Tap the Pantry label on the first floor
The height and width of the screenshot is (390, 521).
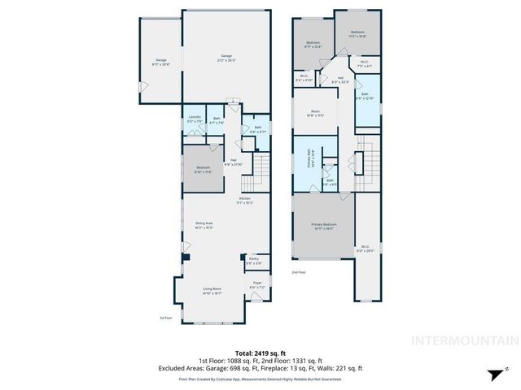pos(254,261)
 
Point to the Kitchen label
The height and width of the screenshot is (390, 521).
pos(245,201)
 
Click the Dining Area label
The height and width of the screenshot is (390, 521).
pos(204,226)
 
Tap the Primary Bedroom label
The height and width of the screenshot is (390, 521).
pos(322,227)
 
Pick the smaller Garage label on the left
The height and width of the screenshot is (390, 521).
pos(160,62)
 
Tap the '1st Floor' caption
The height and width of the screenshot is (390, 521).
pos(165,318)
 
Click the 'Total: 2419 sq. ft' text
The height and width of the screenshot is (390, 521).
pos(260,353)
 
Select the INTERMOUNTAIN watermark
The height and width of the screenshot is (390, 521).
pos(464,340)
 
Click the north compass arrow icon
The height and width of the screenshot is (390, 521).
pos(494,374)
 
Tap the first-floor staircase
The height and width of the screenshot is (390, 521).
pos(260,168)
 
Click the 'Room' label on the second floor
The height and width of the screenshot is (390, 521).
pos(314,114)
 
